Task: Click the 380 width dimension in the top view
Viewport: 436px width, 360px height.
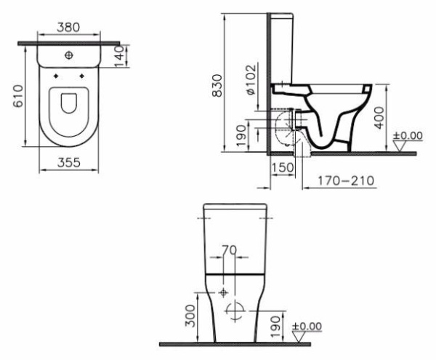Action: point(69,28)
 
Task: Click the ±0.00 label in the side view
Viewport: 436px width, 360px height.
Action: point(407,135)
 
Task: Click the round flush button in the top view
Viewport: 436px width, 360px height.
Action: point(69,55)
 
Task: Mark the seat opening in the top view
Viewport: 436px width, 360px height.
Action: point(69,104)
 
